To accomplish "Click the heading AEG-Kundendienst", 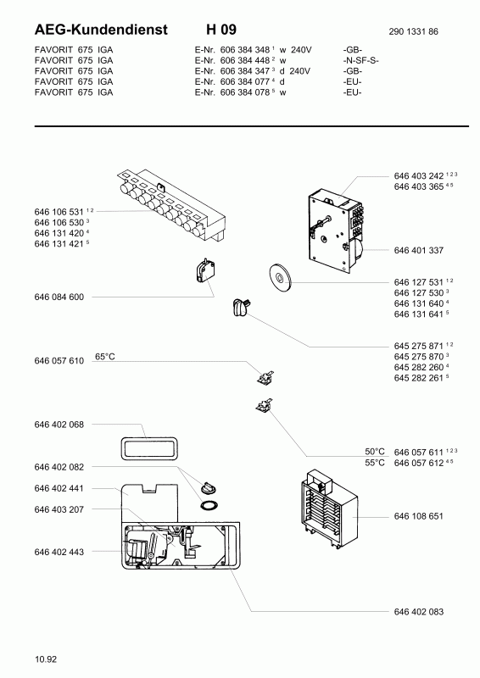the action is (x=101, y=30).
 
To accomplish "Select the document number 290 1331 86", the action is (x=413, y=31).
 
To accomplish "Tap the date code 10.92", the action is (x=46, y=659).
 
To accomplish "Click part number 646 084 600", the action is (x=59, y=297).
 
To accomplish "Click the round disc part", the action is (x=280, y=276).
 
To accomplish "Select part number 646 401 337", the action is (x=419, y=250).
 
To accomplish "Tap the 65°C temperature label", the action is (x=105, y=357).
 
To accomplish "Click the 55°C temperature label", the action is (x=374, y=463).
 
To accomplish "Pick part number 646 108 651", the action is (x=419, y=516).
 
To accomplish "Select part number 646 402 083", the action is (x=419, y=612).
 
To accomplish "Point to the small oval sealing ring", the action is (x=209, y=504).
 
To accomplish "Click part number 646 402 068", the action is (x=59, y=425).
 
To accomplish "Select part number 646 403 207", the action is (x=59, y=509).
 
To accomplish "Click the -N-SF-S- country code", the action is (x=361, y=60).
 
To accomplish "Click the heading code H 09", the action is (x=221, y=30).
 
